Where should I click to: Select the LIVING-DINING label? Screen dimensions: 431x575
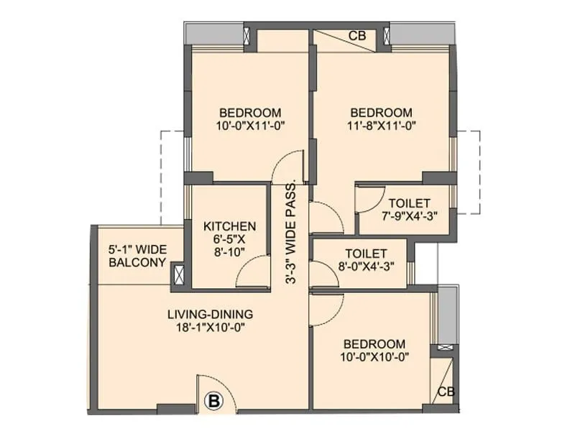click(210, 314)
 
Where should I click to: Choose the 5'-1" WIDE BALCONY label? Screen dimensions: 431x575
click(137, 256)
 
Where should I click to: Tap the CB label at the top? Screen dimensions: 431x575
click(356, 35)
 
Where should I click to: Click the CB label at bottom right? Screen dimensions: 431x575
click(446, 392)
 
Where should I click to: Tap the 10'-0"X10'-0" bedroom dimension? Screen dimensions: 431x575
click(373, 357)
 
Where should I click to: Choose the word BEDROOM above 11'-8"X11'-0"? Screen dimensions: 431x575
click(381, 113)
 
